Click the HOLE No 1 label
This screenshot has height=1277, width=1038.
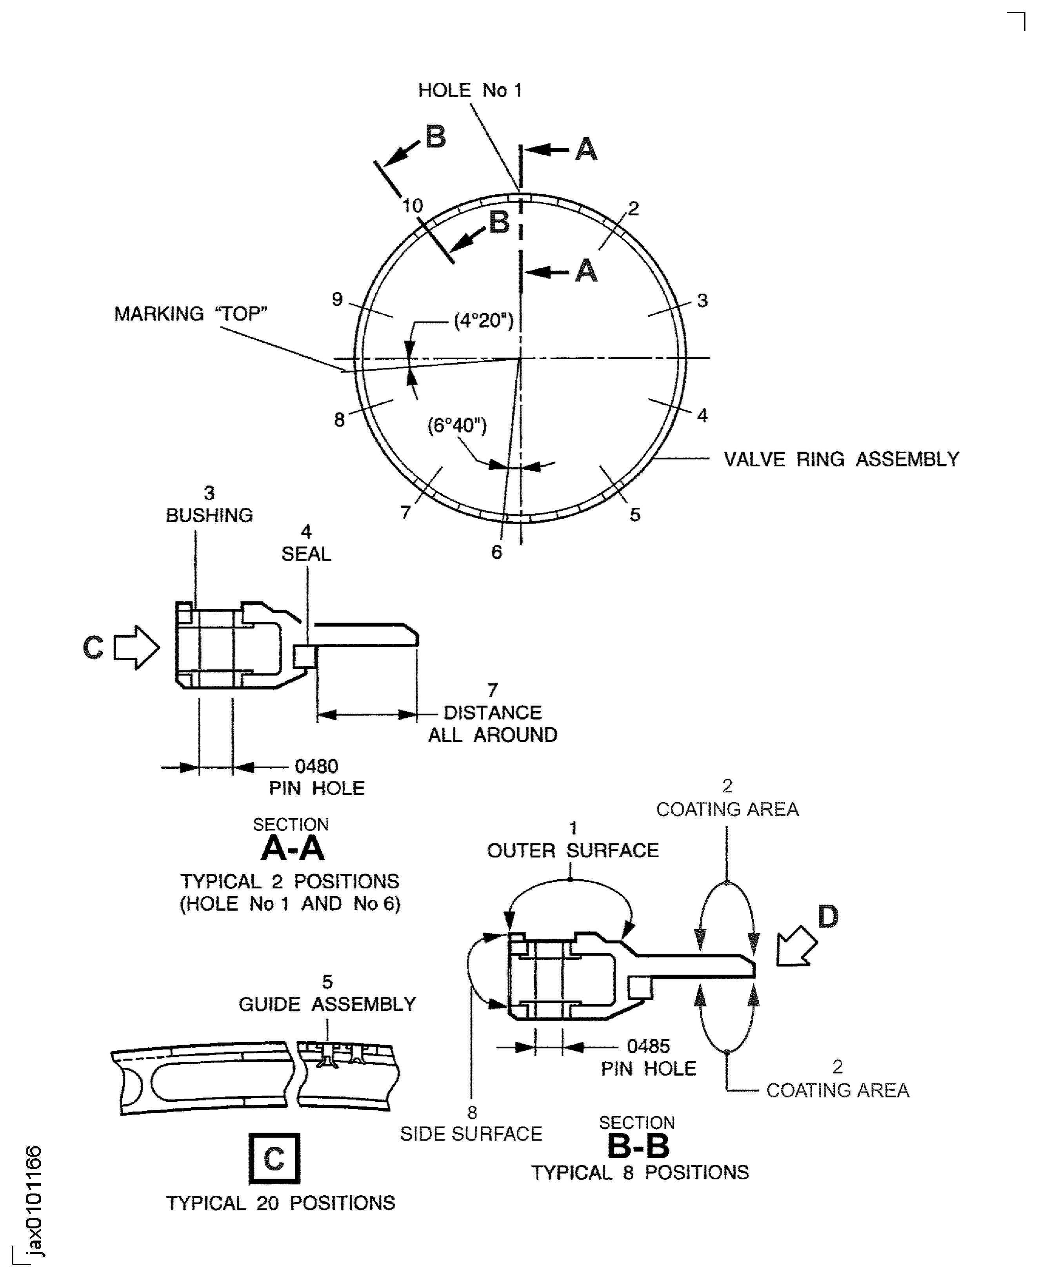[x=470, y=90]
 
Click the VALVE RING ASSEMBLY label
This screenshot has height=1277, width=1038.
[x=841, y=459]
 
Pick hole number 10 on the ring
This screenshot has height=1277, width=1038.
[x=413, y=206]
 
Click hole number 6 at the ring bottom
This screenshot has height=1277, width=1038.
[x=496, y=552]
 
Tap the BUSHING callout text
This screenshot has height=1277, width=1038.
[x=209, y=515]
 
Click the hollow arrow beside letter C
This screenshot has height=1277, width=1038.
[x=137, y=647]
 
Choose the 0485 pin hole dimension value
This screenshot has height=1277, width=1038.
[x=648, y=1046]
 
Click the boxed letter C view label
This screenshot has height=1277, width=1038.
[x=274, y=1158]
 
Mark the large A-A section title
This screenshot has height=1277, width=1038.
[x=293, y=848]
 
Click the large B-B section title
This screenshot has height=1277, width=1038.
[x=638, y=1146]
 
